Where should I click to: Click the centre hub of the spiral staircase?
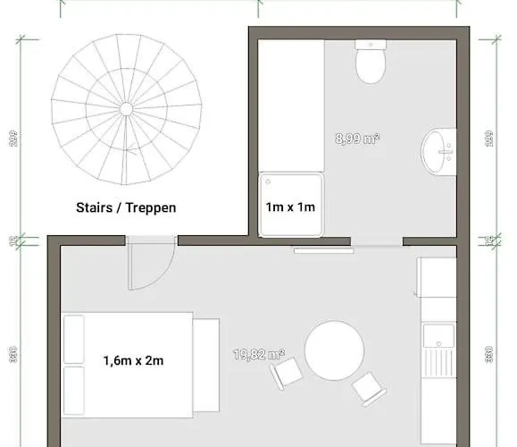pyautogui.click(x=126, y=108)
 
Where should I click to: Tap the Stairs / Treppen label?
pyautogui.click(x=126, y=207)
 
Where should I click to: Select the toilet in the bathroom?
pyautogui.click(x=371, y=65)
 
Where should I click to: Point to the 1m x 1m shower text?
pyautogui.click(x=291, y=207)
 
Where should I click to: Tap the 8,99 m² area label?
pyautogui.click(x=358, y=139)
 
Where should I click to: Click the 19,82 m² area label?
pyautogui.click(x=259, y=355)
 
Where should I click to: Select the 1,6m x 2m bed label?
pyautogui.click(x=134, y=361)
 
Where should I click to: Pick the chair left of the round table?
pyautogui.click(x=288, y=373)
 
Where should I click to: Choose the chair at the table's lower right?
pyautogui.click(x=369, y=388)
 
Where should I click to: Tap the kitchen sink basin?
pyautogui.click(x=438, y=337)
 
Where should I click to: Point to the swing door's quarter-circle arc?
pyautogui.click(x=161, y=277)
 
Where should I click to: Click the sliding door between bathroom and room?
pyautogui.click(x=324, y=250)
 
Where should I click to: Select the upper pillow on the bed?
pyautogui.click(x=73, y=337)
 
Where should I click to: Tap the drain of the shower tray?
pyautogui.click(x=266, y=181)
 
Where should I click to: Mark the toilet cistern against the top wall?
pyautogui.click(x=371, y=44)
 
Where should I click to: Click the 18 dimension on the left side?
pyautogui.click(x=13, y=240)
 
